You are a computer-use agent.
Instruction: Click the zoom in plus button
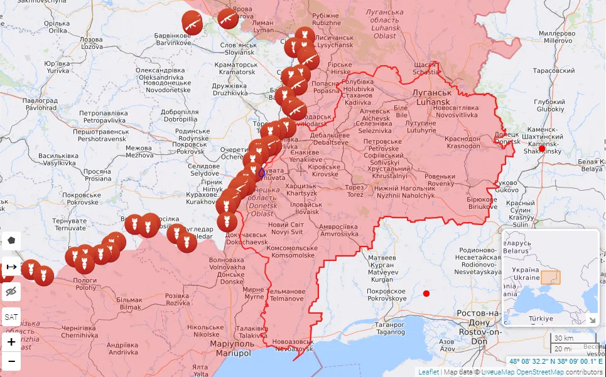click(11, 342)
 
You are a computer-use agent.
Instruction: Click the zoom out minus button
click(11, 361)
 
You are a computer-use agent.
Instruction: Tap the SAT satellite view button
click(11, 317)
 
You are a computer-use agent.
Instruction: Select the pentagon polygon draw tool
click(11, 241)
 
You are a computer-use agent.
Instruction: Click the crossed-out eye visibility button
click(11, 292)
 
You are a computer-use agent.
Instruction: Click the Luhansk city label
click(431, 97)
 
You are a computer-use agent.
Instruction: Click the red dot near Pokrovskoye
click(426, 294)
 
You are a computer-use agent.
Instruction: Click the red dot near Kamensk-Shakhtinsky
click(542, 149)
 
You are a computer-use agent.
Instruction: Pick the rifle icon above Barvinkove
click(192, 22)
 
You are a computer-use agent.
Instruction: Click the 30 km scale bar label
click(563, 339)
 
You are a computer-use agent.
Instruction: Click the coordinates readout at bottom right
click(556, 361)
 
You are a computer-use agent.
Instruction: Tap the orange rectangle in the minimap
click(551, 277)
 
